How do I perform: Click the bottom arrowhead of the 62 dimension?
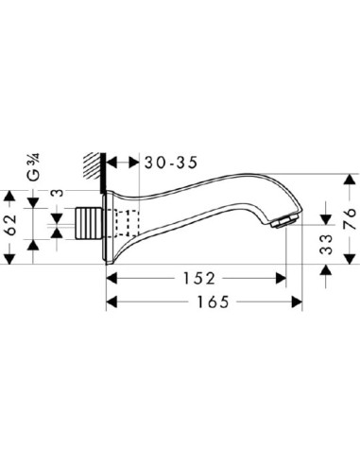[11, 253]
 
